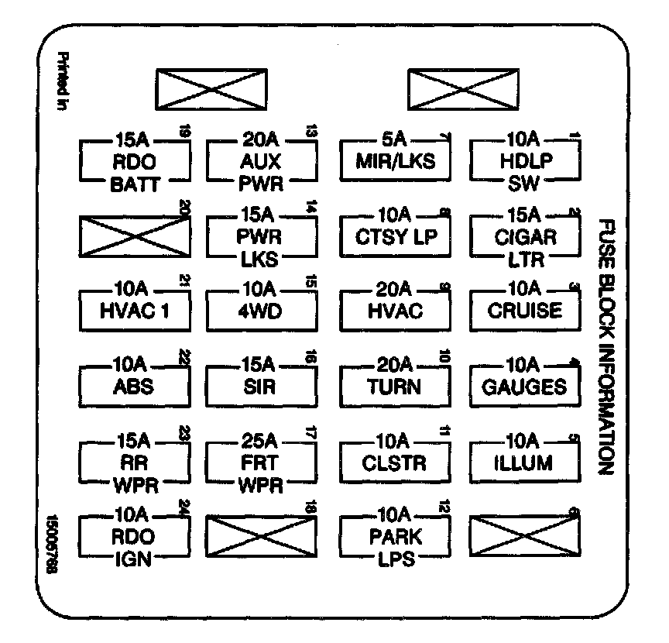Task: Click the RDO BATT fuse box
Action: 134,163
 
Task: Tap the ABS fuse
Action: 134,385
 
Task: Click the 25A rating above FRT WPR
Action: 260,442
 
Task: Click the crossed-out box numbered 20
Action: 134,236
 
